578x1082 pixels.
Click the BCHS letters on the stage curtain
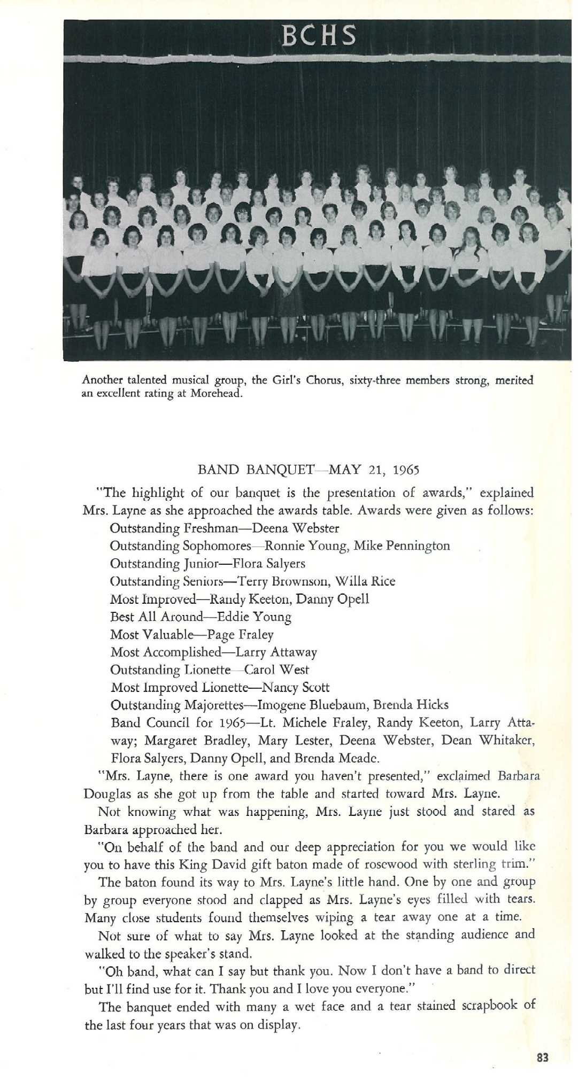point(319,35)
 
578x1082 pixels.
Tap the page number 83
point(543,1057)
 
